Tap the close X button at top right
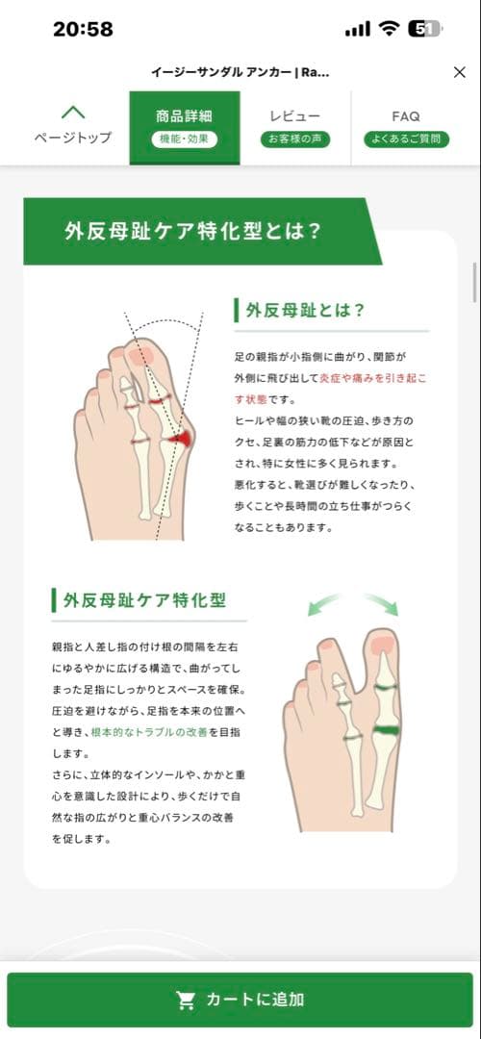(x=459, y=72)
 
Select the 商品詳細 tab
(x=184, y=116)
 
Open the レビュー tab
(x=295, y=116)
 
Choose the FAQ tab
(x=406, y=116)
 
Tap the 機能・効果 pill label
(x=184, y=139)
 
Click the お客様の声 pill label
(x=295, y=139)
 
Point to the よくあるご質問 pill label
(x=406, y=139)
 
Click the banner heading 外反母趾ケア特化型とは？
(x=192, y=231)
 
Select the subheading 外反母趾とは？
(x=306, y=310)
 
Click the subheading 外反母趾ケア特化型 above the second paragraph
(x=144, y=599)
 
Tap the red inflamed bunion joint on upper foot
(x=178, y=439)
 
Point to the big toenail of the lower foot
(x=382, y=645)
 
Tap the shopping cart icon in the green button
(x=186, y=1000)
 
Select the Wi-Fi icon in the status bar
(x=389, y=29)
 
